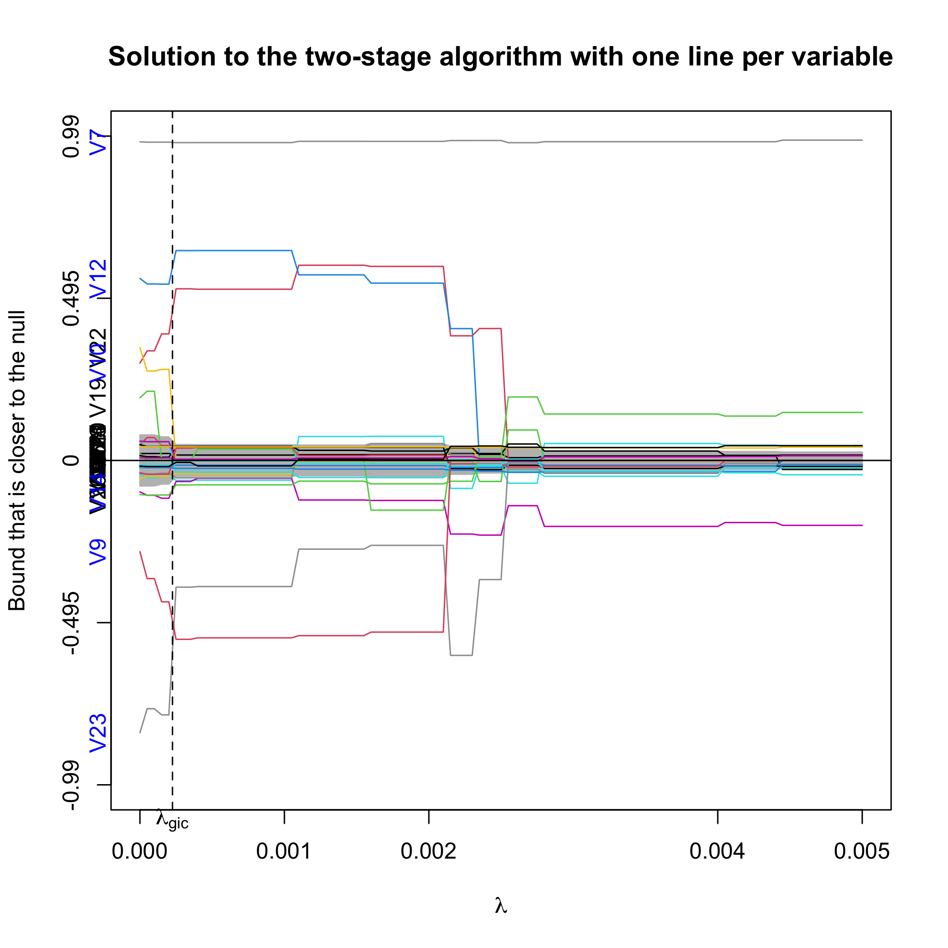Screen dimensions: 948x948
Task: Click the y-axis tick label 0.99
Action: click(72, 136)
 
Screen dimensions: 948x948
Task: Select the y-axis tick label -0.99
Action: click(72, 785)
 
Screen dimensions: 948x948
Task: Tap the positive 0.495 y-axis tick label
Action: click(72, 298)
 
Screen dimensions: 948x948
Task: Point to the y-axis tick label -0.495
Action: click(72, 623)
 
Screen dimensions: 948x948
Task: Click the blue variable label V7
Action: click(98, 142)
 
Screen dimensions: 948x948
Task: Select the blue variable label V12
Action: click(98, 280)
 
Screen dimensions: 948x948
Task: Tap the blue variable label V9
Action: click(98, 552)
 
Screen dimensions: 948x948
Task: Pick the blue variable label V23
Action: click(98, 733)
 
